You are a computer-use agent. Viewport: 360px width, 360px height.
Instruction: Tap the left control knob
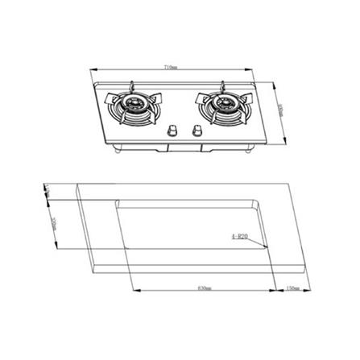click(172, 131)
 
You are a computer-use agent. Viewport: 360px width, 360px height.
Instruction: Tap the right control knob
click(196, 131)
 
